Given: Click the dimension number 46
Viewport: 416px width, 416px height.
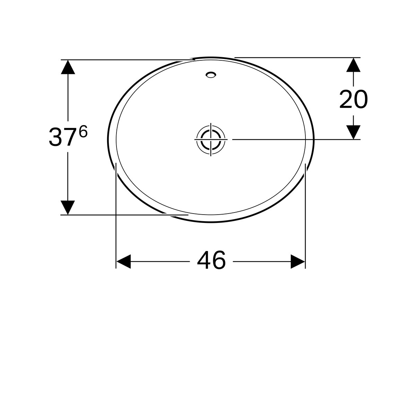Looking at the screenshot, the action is coord(211,260).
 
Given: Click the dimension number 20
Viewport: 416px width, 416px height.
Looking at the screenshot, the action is coord(353,99).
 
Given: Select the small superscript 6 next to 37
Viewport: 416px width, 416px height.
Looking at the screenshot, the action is coord(83,131).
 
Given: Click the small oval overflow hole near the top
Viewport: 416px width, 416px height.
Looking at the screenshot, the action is coord(211,75).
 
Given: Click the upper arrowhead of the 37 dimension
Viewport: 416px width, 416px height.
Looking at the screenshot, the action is coord(68,67).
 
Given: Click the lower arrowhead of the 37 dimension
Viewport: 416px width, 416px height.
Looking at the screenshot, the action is coord(68,208).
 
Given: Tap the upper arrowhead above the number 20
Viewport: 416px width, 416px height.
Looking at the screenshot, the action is coord(353,65).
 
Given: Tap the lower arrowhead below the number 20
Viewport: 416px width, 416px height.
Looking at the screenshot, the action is coord(353,132).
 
